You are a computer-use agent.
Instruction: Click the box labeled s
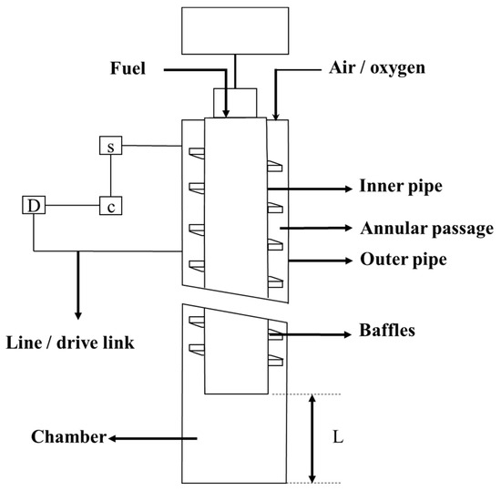[110, 146]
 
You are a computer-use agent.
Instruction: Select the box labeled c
[110, 206]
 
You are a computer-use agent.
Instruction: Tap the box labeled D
[33, 206]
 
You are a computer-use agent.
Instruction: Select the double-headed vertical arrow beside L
[313, 438]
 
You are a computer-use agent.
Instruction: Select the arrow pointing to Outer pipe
[319, 261]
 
